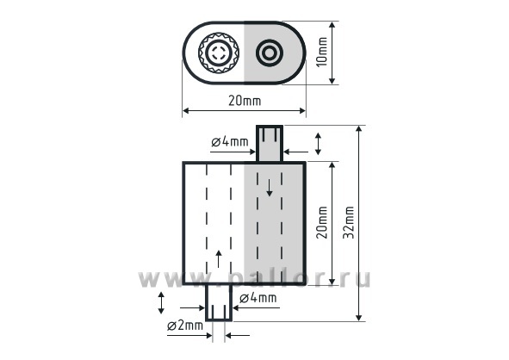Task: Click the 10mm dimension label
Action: (322, 52)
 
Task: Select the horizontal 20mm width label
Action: (245, 101)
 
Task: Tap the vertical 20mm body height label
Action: (322, 223)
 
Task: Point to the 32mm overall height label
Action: (348, 223)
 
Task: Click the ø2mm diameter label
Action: (185, 326)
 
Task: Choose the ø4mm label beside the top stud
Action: (230, 141)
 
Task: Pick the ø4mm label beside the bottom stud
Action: (258, 298)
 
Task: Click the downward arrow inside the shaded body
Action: (269, 188)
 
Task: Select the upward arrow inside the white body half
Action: (219, 259)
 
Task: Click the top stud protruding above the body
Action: (270, 143)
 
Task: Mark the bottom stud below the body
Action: (219, 302)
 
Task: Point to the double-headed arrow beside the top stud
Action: (318, 144)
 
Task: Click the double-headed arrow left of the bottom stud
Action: (161, 303)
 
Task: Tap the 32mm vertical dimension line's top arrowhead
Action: (358, 128)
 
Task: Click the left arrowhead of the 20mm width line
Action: (185, 111)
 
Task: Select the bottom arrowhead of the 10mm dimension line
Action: (332, 81)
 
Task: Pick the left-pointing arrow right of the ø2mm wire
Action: (238, 335)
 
